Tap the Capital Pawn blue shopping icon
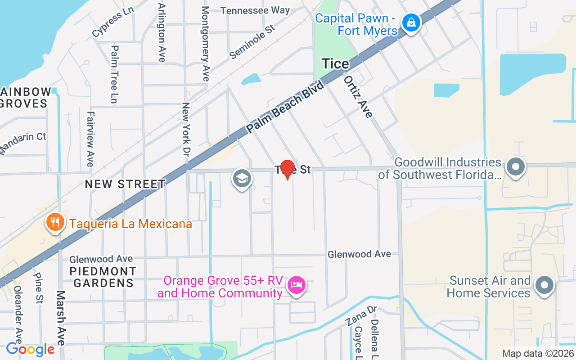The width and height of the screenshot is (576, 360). (411, 22)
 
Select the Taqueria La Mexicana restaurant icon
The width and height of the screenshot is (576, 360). (55, 222)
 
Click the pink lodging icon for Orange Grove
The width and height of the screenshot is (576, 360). (297, 285)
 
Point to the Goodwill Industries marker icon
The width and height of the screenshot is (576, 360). (516, 167)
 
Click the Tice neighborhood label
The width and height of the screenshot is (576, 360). (335, 64)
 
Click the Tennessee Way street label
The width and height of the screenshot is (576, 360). (255, 10)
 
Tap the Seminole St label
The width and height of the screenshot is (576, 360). (252, 42)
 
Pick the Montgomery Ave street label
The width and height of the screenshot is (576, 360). (206, 43)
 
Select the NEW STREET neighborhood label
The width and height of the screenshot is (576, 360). (125, 184)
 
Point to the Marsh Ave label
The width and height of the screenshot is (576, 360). (61, 317)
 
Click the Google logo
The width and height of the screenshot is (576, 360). (30, 349)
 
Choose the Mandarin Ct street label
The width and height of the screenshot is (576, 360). (23, 143)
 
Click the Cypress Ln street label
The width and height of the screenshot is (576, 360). (113, 24)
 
